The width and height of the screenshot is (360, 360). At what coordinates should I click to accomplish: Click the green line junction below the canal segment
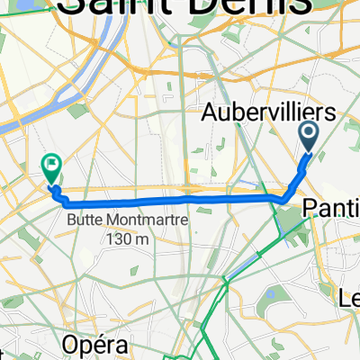[x=226, y=280]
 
